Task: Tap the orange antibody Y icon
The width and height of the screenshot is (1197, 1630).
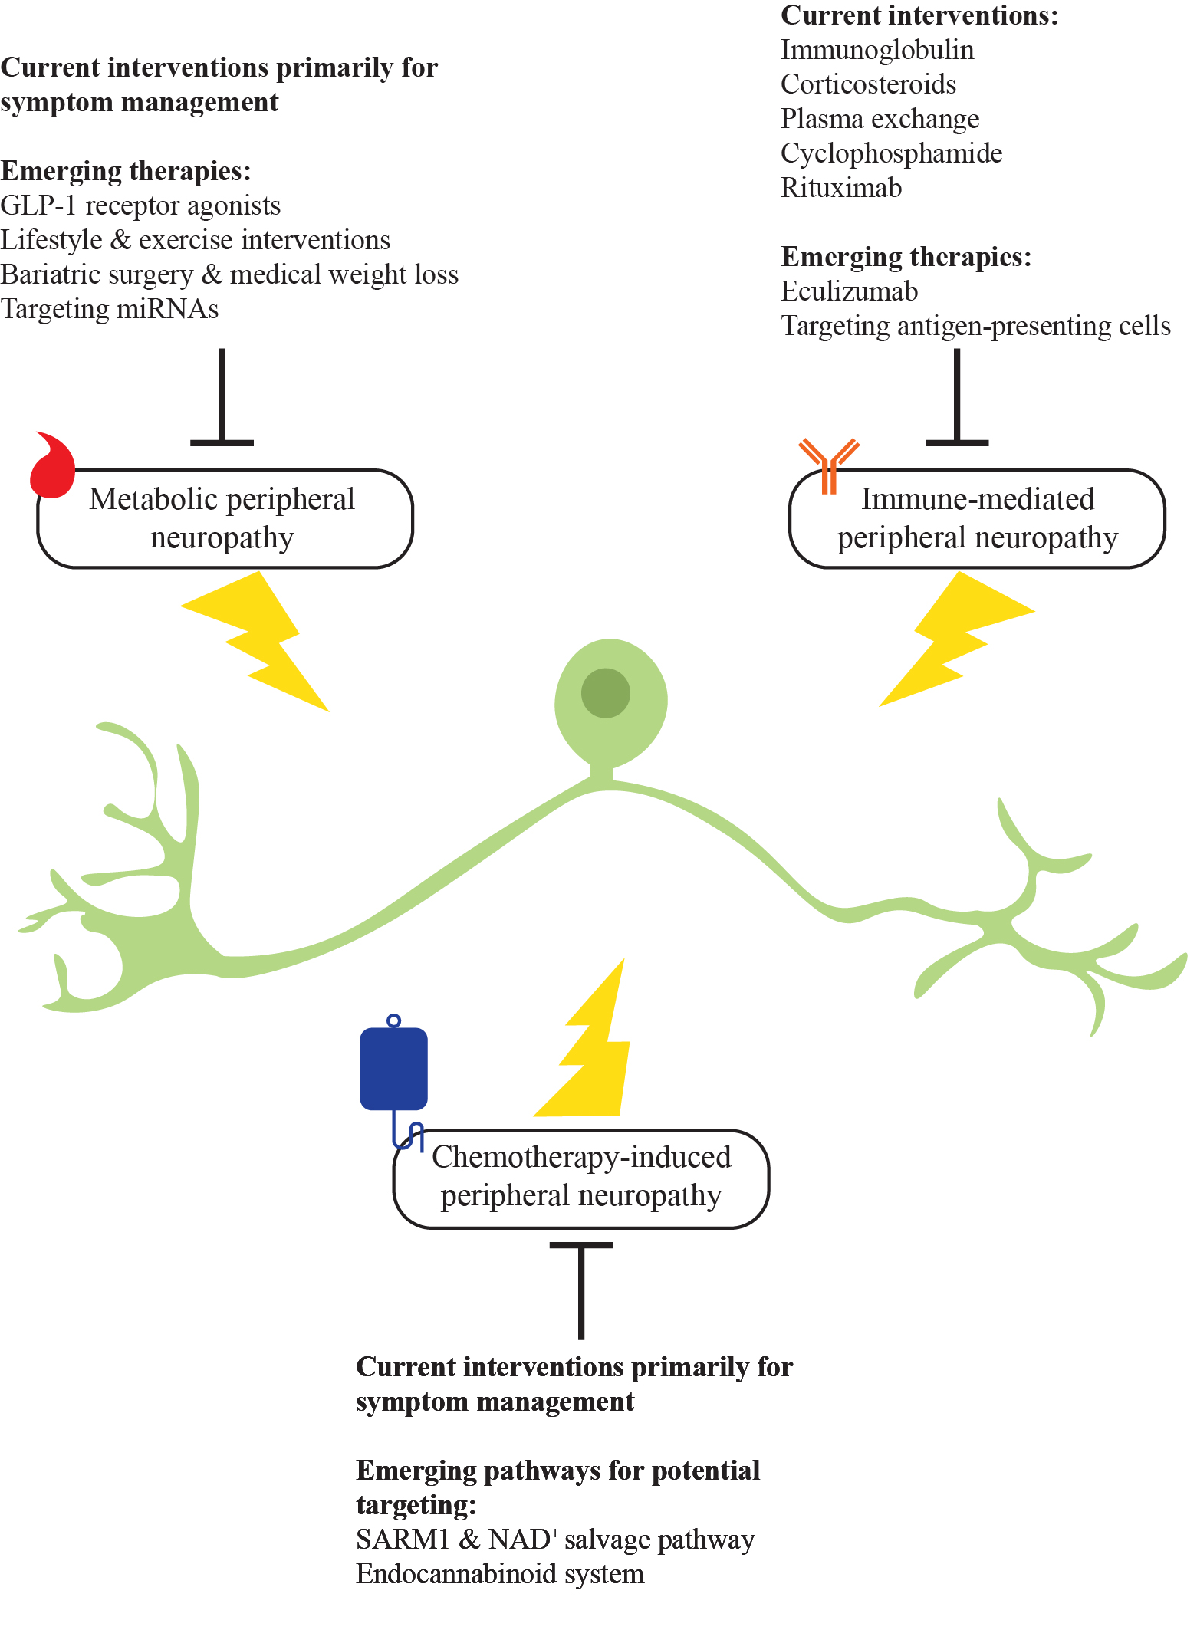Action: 828,464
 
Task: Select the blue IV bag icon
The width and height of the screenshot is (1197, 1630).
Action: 393,1069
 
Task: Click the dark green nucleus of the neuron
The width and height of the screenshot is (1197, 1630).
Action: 605,693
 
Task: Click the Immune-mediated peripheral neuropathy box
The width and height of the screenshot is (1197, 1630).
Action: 977,519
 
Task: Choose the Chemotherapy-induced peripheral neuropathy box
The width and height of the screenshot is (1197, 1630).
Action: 580,1178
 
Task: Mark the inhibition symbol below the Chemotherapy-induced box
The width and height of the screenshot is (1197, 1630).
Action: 581,1288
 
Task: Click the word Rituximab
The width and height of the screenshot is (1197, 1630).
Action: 841,188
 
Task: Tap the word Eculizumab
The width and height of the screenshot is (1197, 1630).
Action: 849,291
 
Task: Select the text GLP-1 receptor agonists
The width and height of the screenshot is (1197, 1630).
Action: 140,205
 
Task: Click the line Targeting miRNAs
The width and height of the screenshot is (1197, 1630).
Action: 110,309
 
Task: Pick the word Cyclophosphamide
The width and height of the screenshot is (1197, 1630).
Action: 891,153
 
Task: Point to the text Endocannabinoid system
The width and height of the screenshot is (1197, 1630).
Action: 500,1574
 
